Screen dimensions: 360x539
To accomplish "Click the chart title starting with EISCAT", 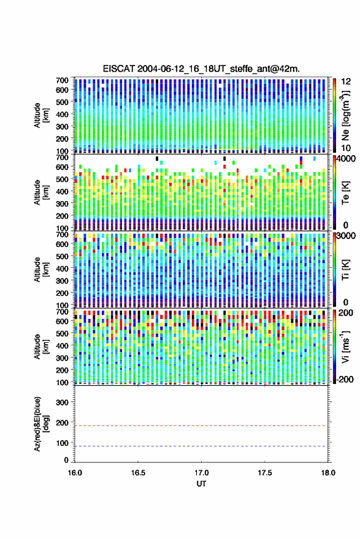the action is coord(201,69).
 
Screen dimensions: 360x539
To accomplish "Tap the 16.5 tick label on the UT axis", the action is coord(138,473).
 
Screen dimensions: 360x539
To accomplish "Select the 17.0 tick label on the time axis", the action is coord(201,473).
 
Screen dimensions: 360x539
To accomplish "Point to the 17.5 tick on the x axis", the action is coord(264,473).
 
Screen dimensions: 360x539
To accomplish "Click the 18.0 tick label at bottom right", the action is coord(328,473).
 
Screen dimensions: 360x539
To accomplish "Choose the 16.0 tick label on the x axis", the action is coord(75,473).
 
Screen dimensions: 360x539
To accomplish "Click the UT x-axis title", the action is coord(201,484).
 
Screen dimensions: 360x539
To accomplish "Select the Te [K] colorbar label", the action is coord(345,193).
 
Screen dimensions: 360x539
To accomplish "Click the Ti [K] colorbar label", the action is coord(345,270).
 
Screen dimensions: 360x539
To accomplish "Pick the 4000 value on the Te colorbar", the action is coord(346,159).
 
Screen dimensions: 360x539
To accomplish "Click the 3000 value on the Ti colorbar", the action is coord(346,236).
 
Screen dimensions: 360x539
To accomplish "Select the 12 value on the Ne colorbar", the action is coord(346,82).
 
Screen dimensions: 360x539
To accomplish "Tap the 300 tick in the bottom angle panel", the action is coord(62,402).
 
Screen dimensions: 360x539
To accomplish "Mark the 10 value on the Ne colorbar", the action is coord(346,148).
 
